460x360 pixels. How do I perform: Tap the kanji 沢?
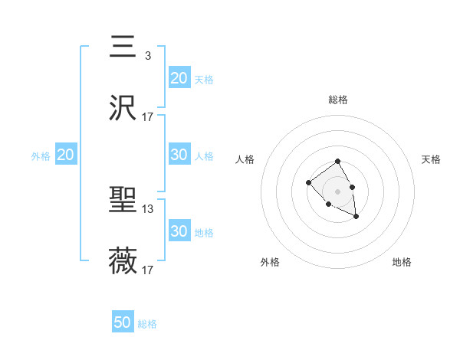(123, 108)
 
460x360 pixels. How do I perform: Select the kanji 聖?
(123, 201)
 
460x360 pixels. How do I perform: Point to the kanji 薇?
(123, 261)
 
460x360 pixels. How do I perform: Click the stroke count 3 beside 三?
(147, 55)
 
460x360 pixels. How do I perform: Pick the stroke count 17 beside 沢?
(148, 116)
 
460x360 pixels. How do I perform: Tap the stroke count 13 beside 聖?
(148, 208)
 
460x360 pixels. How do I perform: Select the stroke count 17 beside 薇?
(148, 270)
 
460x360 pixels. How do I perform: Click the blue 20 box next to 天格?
(179, 78)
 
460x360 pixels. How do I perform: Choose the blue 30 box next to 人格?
(179, 155)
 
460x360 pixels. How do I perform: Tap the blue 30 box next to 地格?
(179, 231)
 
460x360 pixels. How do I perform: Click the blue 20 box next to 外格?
(66, 155)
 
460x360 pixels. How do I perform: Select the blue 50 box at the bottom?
(123, 322)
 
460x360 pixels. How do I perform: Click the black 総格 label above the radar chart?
(338, 100)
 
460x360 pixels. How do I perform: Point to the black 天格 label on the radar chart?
(432, 159)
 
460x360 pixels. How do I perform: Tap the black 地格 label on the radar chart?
(402, 262)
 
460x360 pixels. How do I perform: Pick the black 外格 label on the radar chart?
(270, 262)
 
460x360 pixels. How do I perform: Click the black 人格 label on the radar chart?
(245, 159)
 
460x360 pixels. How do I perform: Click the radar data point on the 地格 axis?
(356, 217)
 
